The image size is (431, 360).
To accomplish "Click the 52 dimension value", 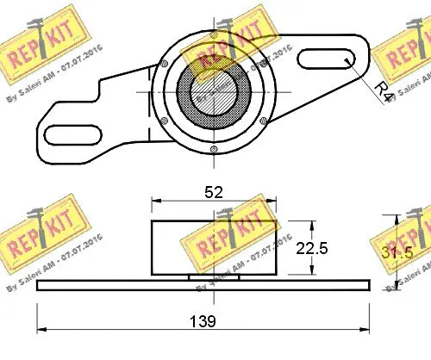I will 213,193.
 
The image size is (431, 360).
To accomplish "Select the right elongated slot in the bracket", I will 326,60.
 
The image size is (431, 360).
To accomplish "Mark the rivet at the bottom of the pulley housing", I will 212,153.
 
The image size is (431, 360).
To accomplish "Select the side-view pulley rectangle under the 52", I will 212,247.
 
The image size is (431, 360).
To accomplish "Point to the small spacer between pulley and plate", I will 211,276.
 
